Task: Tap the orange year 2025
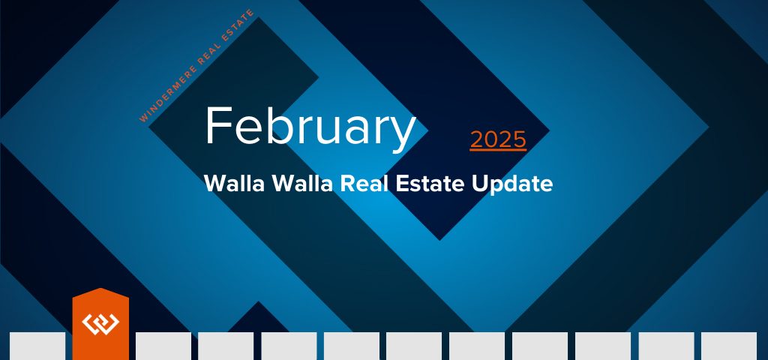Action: [x=498, y=139]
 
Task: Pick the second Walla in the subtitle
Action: [x=303, y=184]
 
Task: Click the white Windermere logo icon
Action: [x=100, y=323]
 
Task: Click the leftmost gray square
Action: [x=37, y=346]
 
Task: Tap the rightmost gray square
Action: [x=729, y=346]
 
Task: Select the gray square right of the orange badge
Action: [x=163, y=346]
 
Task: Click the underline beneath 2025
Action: [x=498, y=150]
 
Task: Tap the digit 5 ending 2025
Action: [x=519, y=139]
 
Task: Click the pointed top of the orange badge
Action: [x=100, y=289]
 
